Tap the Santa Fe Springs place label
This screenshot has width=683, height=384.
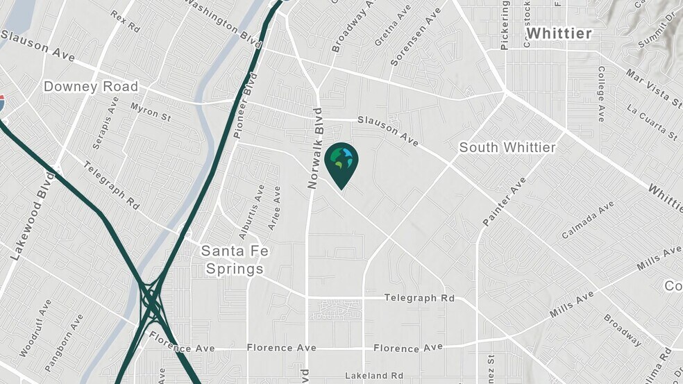(x=232, y=260)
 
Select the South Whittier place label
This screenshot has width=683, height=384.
(x=507, y=147)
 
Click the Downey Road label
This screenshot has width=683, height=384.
(x=91, y=87)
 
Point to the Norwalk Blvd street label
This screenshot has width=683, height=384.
(x=316, y=148)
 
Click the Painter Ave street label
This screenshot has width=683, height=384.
(x=505, y=201)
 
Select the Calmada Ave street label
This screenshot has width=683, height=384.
(x=588, y=219)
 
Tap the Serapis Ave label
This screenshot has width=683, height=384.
(x=105, y=123)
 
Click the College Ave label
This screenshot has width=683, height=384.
(x=601, y=94)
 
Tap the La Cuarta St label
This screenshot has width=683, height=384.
(x=651, y=119)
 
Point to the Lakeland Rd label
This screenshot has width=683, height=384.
(x=374, y=376)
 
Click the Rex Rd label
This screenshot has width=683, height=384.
(x=126, y=21)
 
